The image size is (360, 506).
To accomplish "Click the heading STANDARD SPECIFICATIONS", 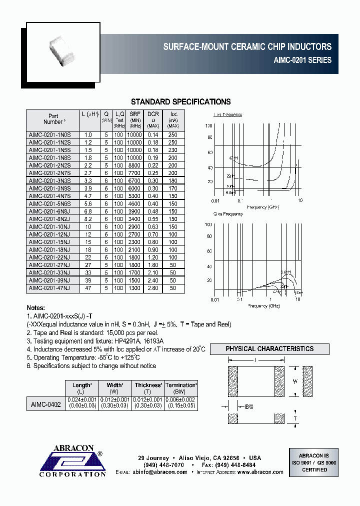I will (180, 102).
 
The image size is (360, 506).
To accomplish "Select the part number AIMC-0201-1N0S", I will (50, 135).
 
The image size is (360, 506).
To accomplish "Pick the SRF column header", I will (135, 120).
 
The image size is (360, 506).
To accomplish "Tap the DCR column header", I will (153, 120).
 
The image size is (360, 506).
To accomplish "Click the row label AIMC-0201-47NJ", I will (50, 288).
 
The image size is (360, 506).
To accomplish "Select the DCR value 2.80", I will (153, 288).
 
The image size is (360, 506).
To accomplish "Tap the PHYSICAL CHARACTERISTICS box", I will (269, 349).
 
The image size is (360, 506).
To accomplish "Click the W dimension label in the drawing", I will (295, 381).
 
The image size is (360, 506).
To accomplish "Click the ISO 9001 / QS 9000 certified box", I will (313, 463).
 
